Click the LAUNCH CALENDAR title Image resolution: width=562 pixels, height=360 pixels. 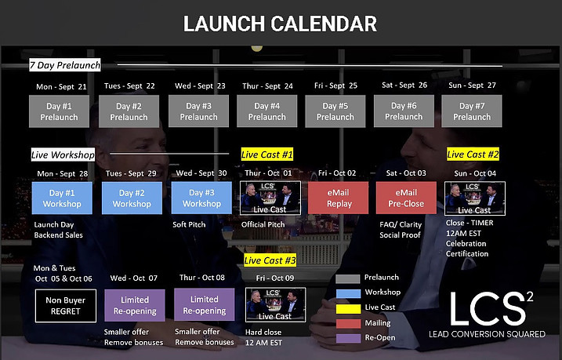280,24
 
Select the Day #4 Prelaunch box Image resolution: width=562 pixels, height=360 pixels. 267,111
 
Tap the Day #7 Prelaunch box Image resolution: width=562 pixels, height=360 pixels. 472,111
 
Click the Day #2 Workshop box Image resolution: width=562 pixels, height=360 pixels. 132,198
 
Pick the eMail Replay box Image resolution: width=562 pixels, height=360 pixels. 338,198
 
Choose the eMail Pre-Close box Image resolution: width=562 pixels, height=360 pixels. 406,198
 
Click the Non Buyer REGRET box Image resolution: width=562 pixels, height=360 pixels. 66,306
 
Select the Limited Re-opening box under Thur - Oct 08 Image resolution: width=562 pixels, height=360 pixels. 205,305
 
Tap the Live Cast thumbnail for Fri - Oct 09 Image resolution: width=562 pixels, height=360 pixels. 276,305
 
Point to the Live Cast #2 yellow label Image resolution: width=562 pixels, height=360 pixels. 473,155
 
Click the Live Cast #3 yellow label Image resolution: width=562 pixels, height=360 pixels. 270,260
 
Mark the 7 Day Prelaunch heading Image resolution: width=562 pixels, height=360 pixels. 65,65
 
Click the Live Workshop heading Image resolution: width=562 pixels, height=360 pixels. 63,155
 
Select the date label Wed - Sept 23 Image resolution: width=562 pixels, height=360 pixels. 200,86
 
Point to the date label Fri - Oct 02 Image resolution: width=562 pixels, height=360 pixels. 337,173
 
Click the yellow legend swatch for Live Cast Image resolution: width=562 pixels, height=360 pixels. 348,309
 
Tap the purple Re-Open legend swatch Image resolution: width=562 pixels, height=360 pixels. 348,339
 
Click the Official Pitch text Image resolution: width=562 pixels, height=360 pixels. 263,224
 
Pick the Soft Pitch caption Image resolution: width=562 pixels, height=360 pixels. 189,224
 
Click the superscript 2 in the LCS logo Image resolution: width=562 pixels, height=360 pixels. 529,296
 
